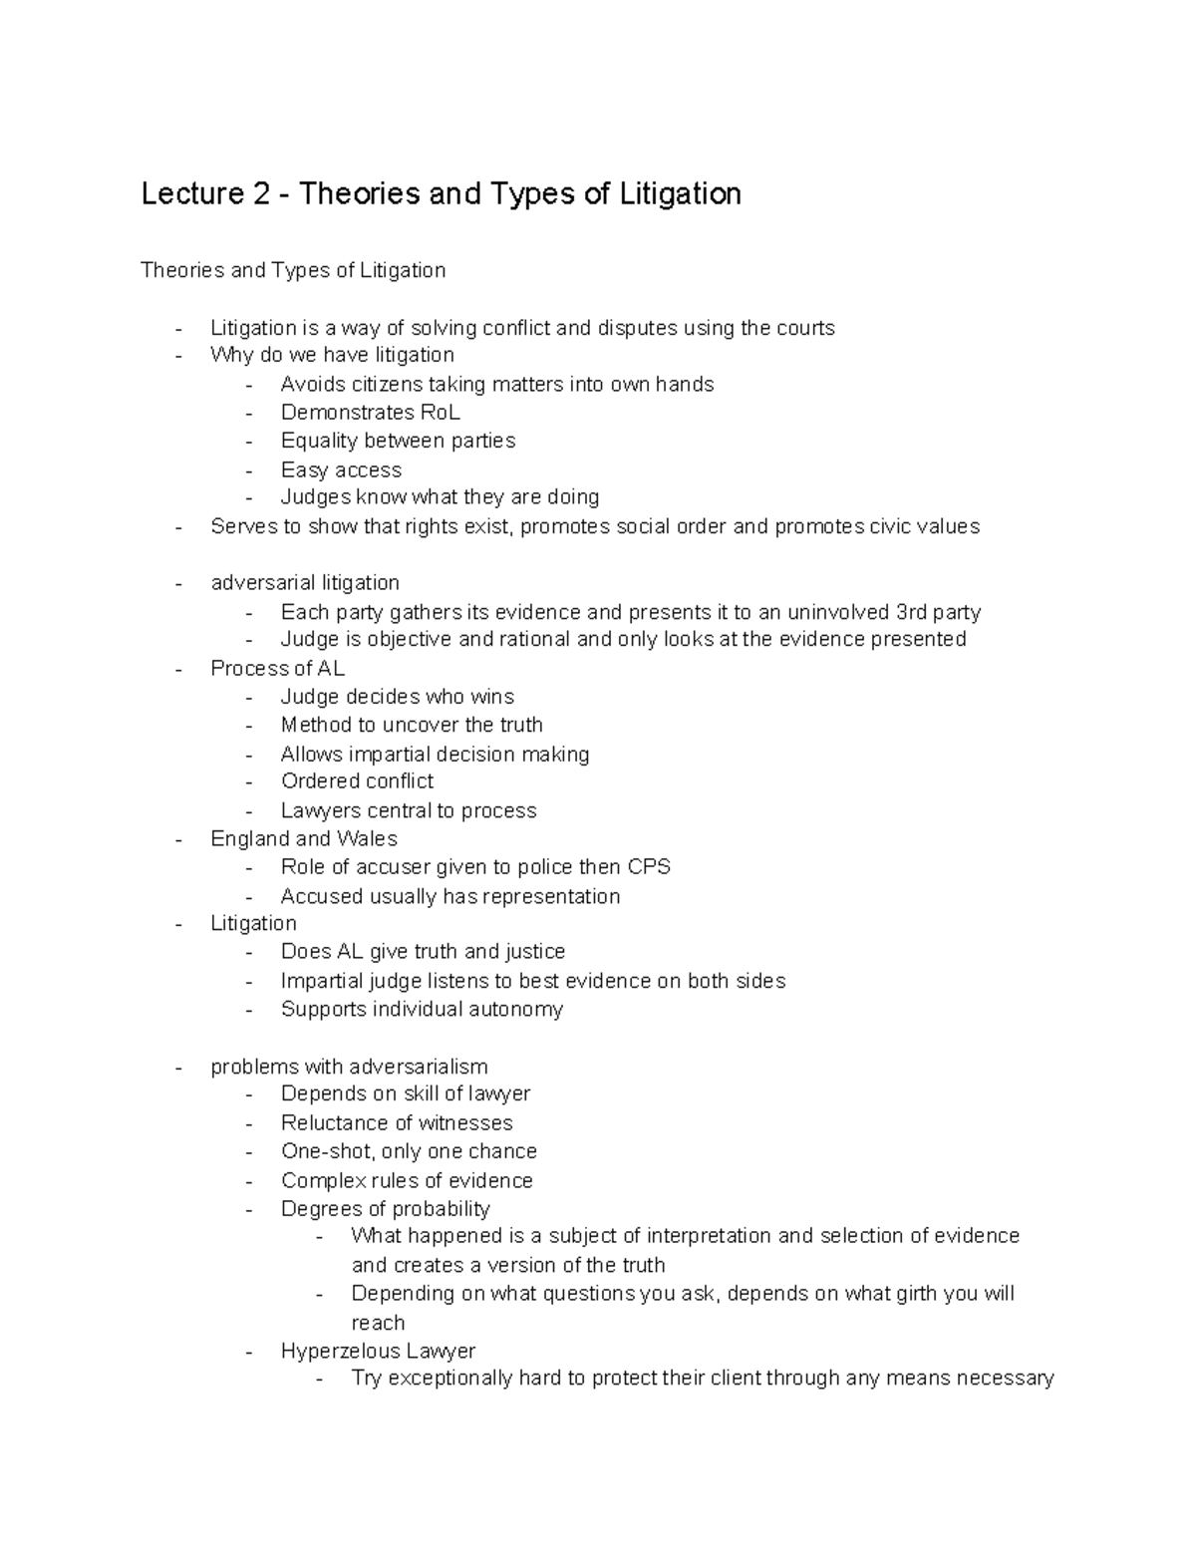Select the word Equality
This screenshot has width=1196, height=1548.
pos(319,441)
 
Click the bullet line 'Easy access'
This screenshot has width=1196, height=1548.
pos(341,469)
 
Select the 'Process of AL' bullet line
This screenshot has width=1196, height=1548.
pos(277,669)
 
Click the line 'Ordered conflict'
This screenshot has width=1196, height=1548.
pos(357,781)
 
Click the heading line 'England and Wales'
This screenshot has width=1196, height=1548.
pos(304,839)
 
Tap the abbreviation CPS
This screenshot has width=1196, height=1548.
pos(649,867)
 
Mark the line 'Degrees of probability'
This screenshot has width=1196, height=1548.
pos(385,1209)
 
